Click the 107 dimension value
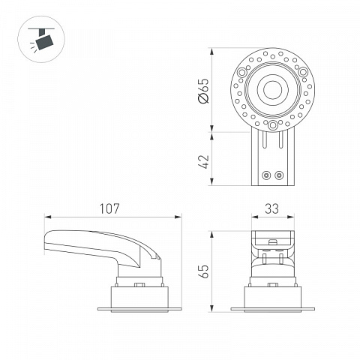[109, 208]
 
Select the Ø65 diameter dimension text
[203, 91]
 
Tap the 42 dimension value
[203, 162]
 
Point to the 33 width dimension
[271, 208]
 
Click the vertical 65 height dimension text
[203, 271]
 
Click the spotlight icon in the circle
[41, 39]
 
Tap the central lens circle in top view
[272, 90]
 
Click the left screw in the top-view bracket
[267, 175]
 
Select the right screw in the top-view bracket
[279, 175]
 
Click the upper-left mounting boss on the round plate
[242, 73]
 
